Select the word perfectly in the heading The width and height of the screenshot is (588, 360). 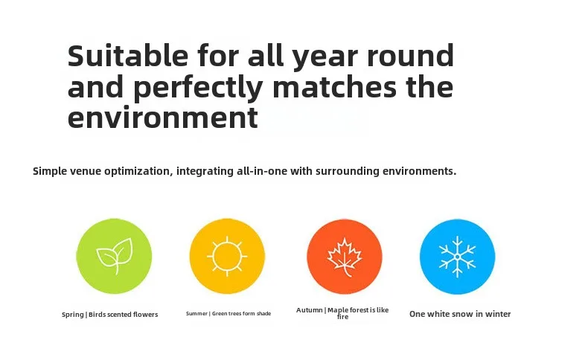point(198,88)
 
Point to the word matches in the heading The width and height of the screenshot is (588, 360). point(334,86)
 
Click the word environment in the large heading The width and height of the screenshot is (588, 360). point(163,118)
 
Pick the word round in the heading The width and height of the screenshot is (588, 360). point(410,55)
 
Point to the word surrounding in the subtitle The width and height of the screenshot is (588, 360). point(348,171)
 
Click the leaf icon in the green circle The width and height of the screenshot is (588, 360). point(115,256)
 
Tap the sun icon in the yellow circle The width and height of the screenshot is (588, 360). point(227,257)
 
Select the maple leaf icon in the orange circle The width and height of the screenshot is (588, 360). point(345,257)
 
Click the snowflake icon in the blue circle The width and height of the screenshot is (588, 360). point(458,257)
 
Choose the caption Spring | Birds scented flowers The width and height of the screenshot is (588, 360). point(110,315)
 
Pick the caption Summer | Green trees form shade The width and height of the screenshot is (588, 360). point(229,314)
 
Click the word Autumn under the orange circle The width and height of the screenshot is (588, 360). point(310,310)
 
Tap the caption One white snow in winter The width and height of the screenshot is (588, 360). point(460,314)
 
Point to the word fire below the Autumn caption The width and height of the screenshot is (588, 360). point(342,317)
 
